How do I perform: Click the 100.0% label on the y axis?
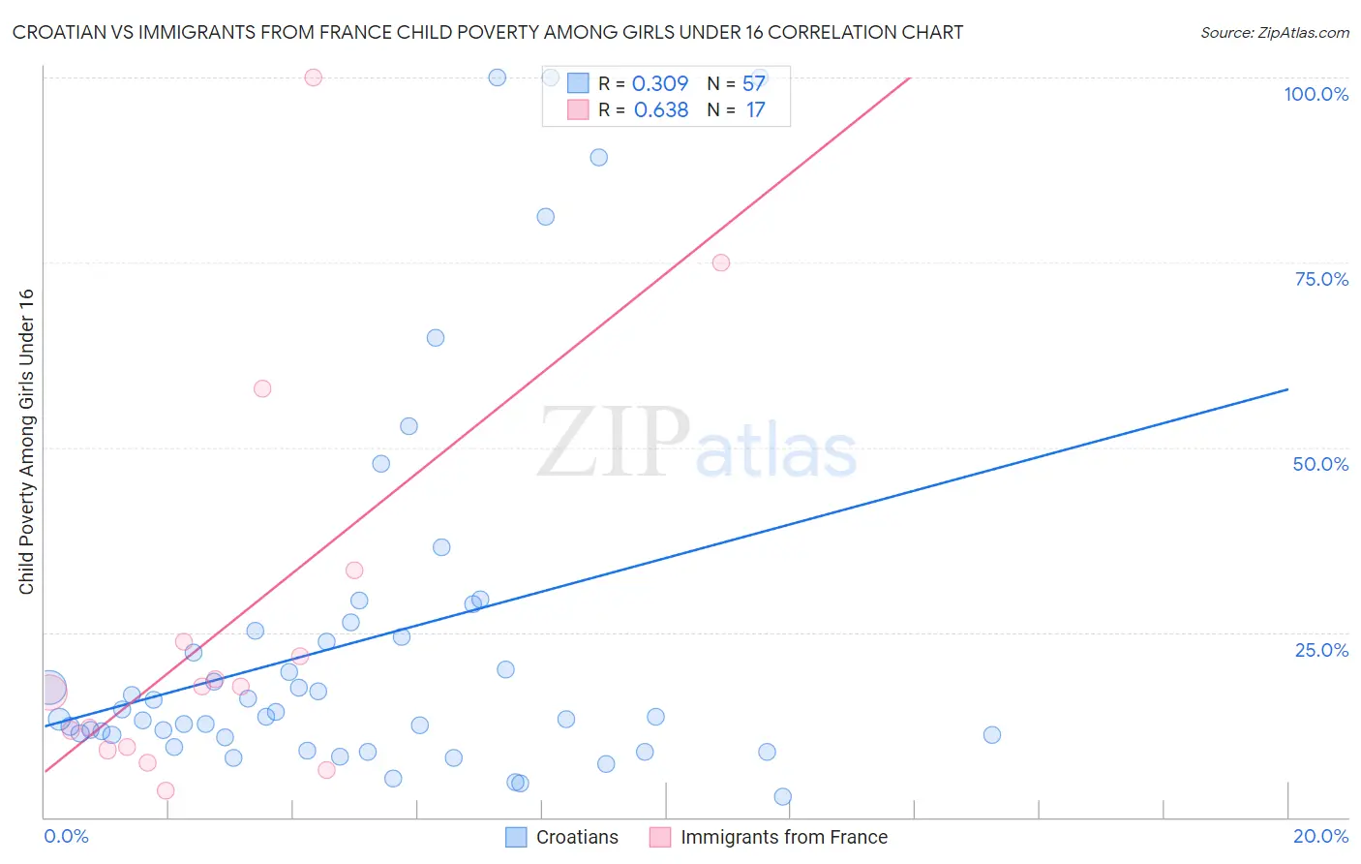point(1316,94)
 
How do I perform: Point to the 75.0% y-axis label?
point(1321,279)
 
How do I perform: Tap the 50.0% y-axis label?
point(1320,464)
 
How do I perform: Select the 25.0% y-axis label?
point(1321,650)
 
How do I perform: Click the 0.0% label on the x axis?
point(66,836)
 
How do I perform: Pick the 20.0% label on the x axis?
point(1320,836)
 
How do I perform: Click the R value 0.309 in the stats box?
point(659,83)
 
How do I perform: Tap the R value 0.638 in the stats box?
point(660,109)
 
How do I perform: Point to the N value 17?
point(755,109)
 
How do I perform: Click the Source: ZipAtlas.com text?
point(1274,32)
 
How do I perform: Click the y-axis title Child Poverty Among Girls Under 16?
point(26,442)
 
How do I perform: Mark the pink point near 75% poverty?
point(721,262)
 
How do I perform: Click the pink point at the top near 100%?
point(313,77)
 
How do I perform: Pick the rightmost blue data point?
point(992,735)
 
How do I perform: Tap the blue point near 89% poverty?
point(599,157)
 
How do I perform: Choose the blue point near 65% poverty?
point(436,338)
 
